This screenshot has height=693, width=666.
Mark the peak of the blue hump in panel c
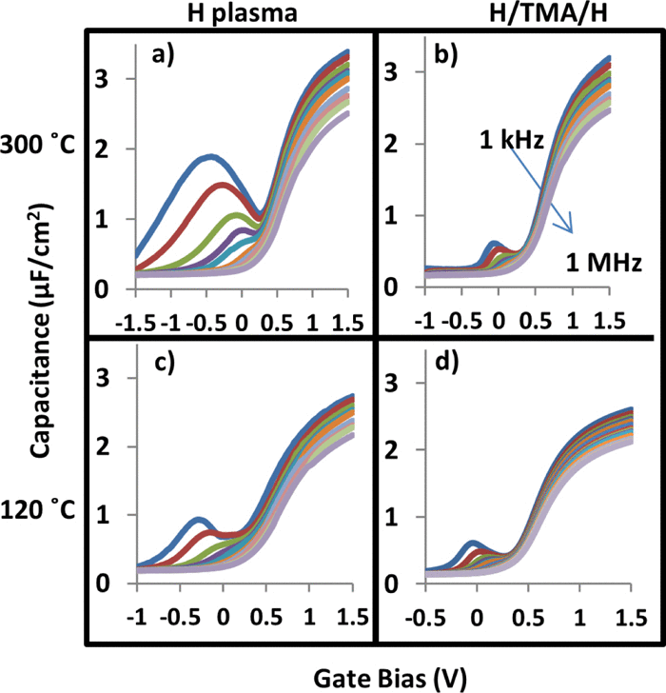click(x=199, y=520)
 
